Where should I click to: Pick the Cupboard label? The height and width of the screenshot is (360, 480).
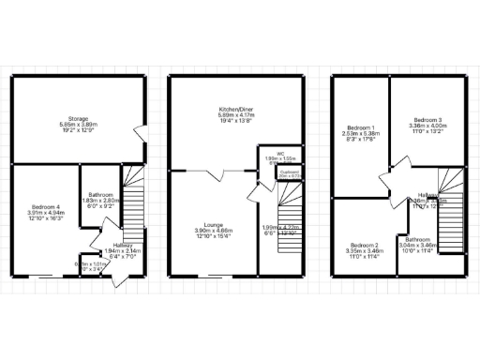289,172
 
